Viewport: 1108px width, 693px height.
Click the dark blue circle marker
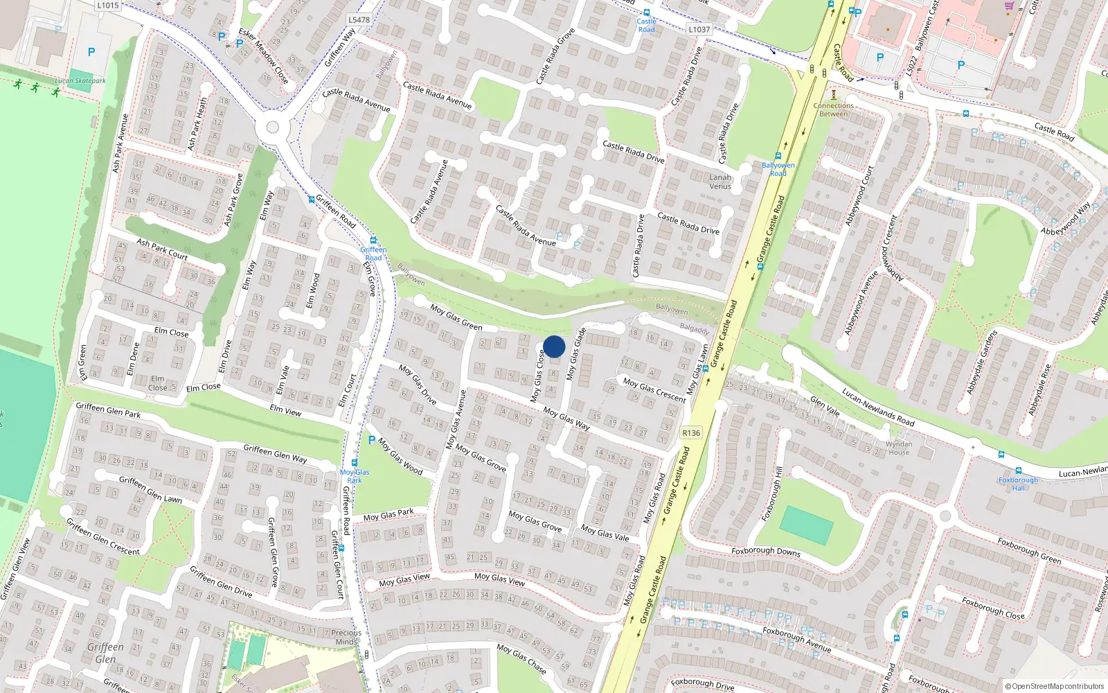pyautogui.click(x=554, y=346)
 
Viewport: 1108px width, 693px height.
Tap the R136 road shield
pyautogui.click(x=691, y=432)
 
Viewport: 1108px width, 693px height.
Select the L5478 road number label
pyautogui.click(x=359, y=20)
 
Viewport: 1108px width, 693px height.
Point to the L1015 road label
pyautogui.click(x=108, y=5)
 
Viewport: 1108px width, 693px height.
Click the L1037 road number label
pyautogui.click(x=699, y=29)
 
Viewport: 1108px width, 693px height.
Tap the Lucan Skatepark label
pyautogui.click(x=80, y=81)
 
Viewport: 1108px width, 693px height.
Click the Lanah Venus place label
pyautogui.click(x=720, y=182)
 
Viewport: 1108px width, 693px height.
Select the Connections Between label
pyautogui.click(x=833, y=109)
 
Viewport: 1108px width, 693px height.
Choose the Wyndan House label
pyautogui.click(x=899, y=448)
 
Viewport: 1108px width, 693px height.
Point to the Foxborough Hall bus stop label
pyautogui.click(x=1018, y=484)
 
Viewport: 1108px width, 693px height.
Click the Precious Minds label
pyautogui.click(x=346, y=637)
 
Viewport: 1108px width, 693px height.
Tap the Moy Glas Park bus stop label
pyautogui.click(x=355, y=476)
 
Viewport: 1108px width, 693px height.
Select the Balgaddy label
pyautogui.click(x=695, y=328)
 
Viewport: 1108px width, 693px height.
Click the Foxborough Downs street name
pyautogui.click(x=766, y=552)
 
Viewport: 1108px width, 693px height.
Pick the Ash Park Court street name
pyautogui.click(x=162, y=249)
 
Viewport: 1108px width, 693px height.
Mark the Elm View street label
pyautogui.click(x=285, y=410)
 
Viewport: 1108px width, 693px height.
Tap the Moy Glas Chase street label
pyautogui.click(x=521, y=658)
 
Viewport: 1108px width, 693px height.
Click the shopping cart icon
pyautogui.click(x=1009, y=6)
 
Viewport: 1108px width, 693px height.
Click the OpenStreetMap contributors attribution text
pyautogui.click(x=1055, y=686)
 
